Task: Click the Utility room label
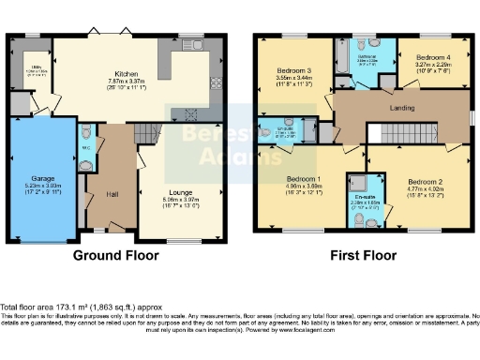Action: tap(33, 67)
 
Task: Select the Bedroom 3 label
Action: tap(293, 70)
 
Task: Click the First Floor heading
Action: tap(366, 254)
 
